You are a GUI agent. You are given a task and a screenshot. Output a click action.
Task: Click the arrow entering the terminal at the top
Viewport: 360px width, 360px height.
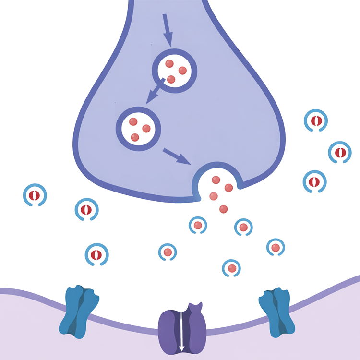click(x=167, y=29)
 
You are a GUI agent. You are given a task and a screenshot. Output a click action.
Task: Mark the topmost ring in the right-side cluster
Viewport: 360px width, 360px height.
click(x=316, y=121)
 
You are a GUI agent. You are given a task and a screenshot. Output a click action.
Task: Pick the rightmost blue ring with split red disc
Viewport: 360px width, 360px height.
click(x=340, y=153)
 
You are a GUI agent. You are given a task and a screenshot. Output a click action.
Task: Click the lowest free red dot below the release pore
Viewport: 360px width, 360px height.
click(x=223, y=209)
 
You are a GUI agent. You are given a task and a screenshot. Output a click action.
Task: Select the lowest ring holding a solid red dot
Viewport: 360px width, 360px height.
click(x=231, y=268)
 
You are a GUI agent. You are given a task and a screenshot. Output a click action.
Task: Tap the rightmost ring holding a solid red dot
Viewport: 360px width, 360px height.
click(x=276, y=247)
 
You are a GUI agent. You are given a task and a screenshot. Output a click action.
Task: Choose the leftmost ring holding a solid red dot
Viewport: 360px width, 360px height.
click(x=168, y=252)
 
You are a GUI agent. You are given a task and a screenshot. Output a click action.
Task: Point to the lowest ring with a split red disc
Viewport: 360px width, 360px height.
click(x=96, y=254)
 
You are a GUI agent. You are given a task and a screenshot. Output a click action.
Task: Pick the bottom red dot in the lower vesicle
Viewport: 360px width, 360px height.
click(x=135, y=137)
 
